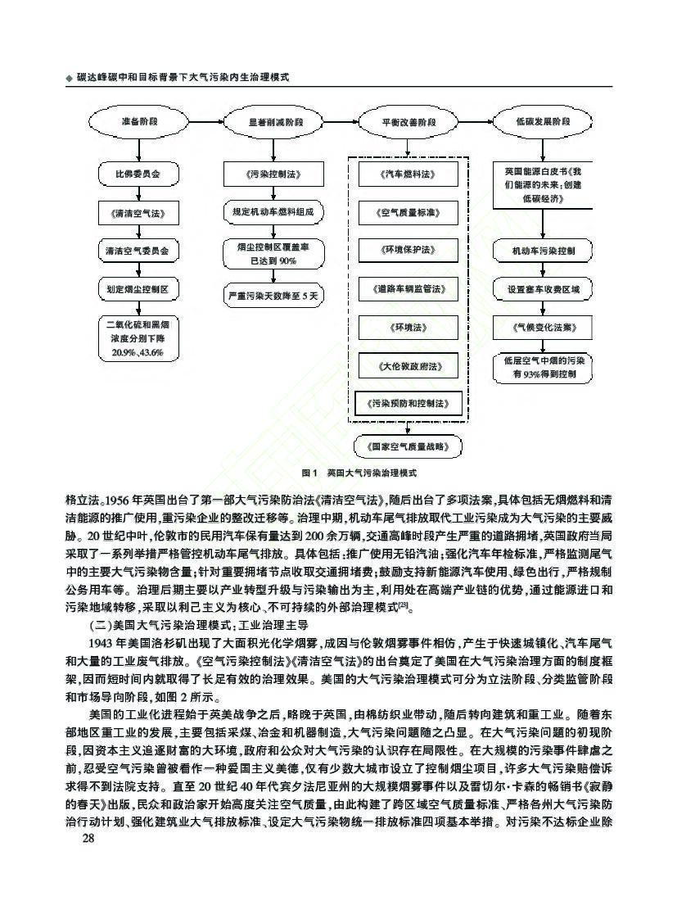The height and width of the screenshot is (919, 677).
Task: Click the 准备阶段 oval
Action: pos(138,122)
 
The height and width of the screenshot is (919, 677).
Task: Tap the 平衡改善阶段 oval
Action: pos(408,122)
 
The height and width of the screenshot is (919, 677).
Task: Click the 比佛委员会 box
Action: pos(138,174)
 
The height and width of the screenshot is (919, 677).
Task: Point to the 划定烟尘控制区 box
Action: pos(138,289)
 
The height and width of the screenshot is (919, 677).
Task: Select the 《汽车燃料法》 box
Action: pos(408,174)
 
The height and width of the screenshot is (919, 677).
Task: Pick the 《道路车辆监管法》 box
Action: pos(408,289)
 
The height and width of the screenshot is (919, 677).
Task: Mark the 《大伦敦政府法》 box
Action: pos(408,365)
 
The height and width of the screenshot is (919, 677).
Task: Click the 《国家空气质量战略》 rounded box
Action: pos(408,446)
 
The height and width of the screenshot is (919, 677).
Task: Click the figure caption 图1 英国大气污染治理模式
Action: pos(360,473)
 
